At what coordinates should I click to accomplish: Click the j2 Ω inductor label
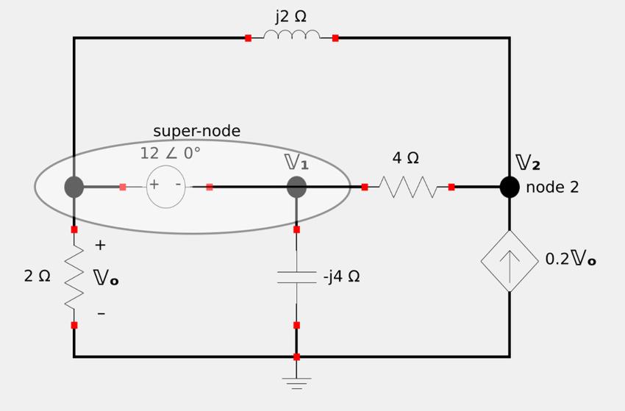click(291, 16)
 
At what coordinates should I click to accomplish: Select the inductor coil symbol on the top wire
click(291, 35)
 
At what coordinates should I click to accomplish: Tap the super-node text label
click(196, 131)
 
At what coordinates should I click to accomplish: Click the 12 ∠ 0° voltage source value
click(170, 153)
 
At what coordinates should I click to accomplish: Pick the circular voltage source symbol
click(166, 187)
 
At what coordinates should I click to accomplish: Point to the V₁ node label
click(297, 162)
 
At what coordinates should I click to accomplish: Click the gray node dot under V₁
click(296, 187)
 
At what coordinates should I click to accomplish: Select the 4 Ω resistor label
click(405, 158)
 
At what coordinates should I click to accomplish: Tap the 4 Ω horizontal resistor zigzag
click(408, 187)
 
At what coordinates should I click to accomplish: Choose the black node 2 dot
click(510, 187)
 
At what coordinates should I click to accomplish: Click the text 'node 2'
click(552, 187)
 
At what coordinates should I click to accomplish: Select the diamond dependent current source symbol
click(510, 261)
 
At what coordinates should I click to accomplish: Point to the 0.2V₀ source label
click(570, 260)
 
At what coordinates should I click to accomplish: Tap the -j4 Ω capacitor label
click(341, 277)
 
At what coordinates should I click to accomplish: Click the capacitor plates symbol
click(296, 277)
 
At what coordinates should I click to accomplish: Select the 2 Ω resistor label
click(37, 276)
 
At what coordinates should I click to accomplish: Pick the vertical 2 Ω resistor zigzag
click(74, 277)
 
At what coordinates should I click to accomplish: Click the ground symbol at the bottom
click(296, 382)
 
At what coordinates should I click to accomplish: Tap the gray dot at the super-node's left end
click(74, 187)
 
